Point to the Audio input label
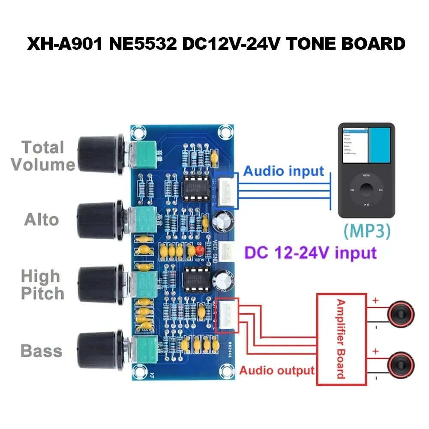pyautogui.click(x=284, y=171)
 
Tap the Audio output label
pyautogui.click(x=277, y=370)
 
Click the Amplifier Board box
pyautogui.click(x=341, y=339)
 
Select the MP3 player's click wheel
pyautogui.click(x=366, y=189)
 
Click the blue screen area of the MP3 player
pyautogui.click(x=379, y=144)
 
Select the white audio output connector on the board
pyautogui.click(x=226, y=315)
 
